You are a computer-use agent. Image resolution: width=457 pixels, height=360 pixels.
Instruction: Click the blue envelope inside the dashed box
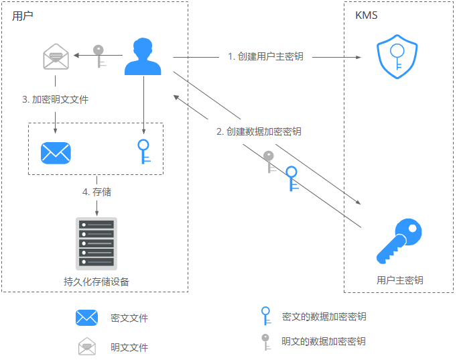coord(56,152)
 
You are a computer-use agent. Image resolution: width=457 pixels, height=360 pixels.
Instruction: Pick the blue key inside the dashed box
coord(142,151)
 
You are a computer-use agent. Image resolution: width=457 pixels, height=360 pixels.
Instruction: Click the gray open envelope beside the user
coord(56,56)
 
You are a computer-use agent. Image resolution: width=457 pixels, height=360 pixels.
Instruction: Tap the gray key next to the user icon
coord(99,56)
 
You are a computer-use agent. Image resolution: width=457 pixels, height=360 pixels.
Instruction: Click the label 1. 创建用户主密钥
coord(265,56)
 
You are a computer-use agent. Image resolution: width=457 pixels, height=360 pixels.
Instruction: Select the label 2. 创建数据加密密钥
coord(259,131)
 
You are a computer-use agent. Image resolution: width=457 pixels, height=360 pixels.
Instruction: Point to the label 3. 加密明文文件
coord(55,100)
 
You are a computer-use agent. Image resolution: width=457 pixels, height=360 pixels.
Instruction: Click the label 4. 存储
coord(96,192)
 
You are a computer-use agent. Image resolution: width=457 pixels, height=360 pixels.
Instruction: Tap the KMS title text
coord(366,15)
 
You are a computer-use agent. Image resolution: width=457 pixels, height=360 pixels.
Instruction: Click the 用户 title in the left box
coord(22,15)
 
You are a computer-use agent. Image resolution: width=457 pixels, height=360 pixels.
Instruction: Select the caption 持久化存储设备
coord(96,282)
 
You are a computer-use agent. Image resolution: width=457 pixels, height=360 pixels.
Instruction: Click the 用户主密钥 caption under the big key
coord(399,280)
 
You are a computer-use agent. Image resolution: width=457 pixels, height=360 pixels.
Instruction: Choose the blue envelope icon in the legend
coord(87,318)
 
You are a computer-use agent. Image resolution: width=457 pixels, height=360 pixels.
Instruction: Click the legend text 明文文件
coord(129,347)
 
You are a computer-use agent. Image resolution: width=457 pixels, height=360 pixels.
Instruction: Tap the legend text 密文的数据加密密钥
coord(324,316)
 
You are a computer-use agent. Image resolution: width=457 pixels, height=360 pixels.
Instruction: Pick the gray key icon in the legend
coord(265,341)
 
